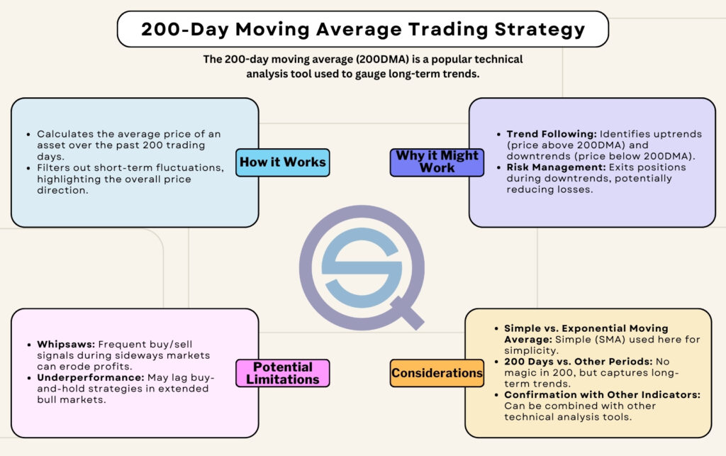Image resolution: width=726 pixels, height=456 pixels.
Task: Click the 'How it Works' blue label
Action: point(282,162)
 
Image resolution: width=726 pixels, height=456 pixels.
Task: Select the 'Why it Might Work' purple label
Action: point(436,162)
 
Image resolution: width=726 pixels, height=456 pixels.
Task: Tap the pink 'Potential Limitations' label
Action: point(282,372)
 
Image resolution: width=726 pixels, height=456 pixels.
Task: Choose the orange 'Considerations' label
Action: point(437,373)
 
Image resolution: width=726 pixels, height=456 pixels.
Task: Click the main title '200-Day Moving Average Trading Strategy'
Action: point(363,29)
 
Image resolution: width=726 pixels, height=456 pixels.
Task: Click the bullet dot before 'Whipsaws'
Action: point(26,344)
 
